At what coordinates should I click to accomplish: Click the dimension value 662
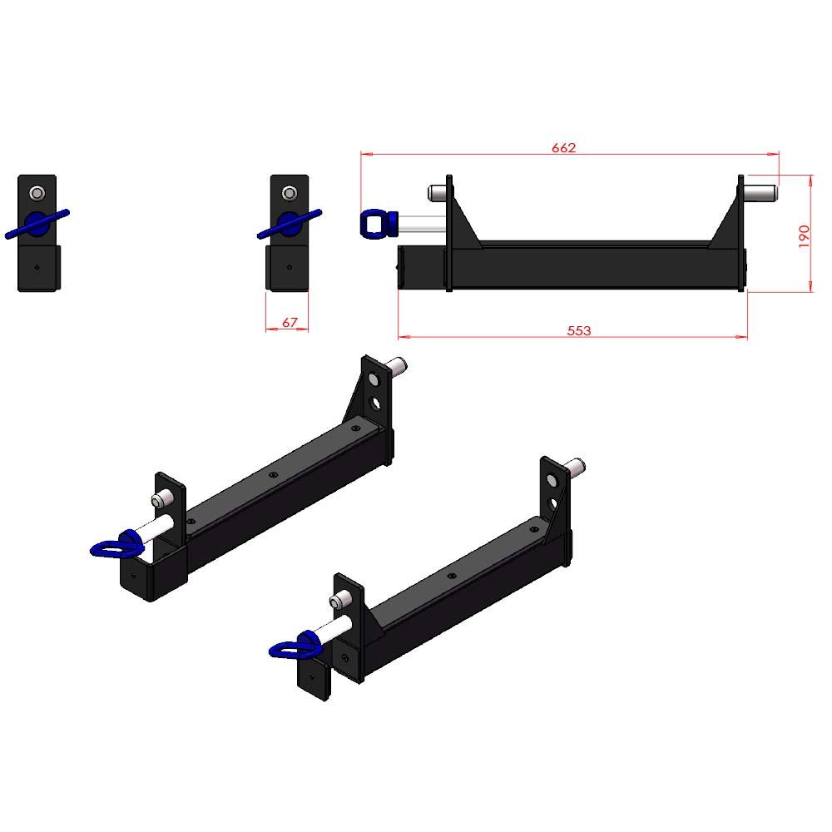(x=563, y=147)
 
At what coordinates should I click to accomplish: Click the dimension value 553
(x=578, y=330)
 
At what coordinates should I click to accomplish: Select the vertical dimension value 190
(x=804, y=236)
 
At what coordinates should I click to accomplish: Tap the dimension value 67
(x=290, y=322)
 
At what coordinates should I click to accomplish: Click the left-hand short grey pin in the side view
(x=437, y=192)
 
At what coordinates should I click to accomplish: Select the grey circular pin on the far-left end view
(x=37, y=193)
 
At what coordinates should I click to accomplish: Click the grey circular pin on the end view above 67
(x=290, y=193)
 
